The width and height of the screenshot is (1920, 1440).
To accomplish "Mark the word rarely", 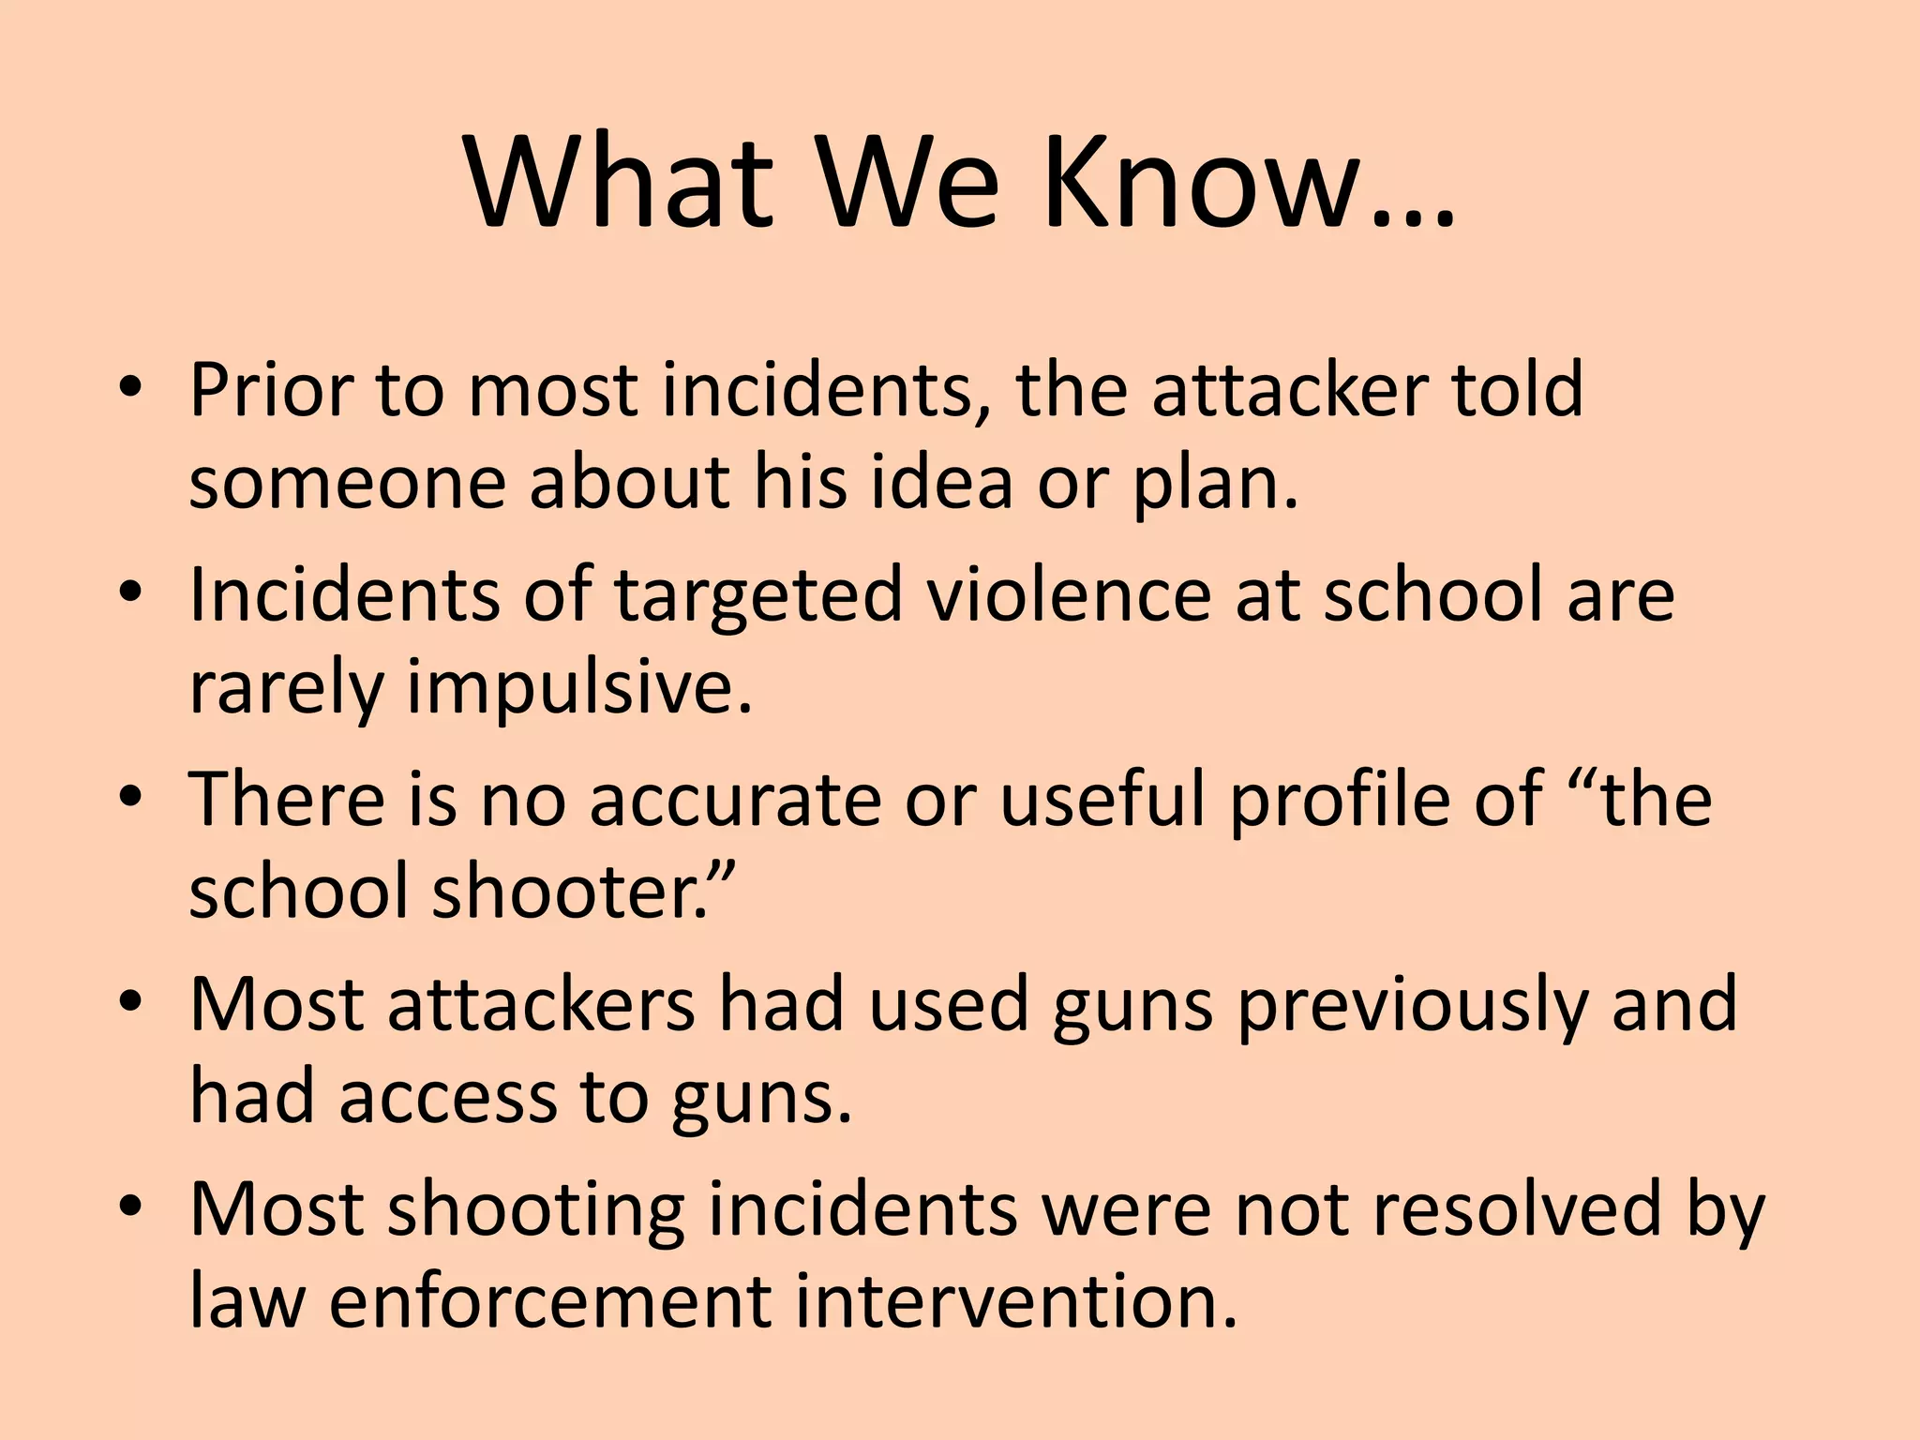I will (287, 688).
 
